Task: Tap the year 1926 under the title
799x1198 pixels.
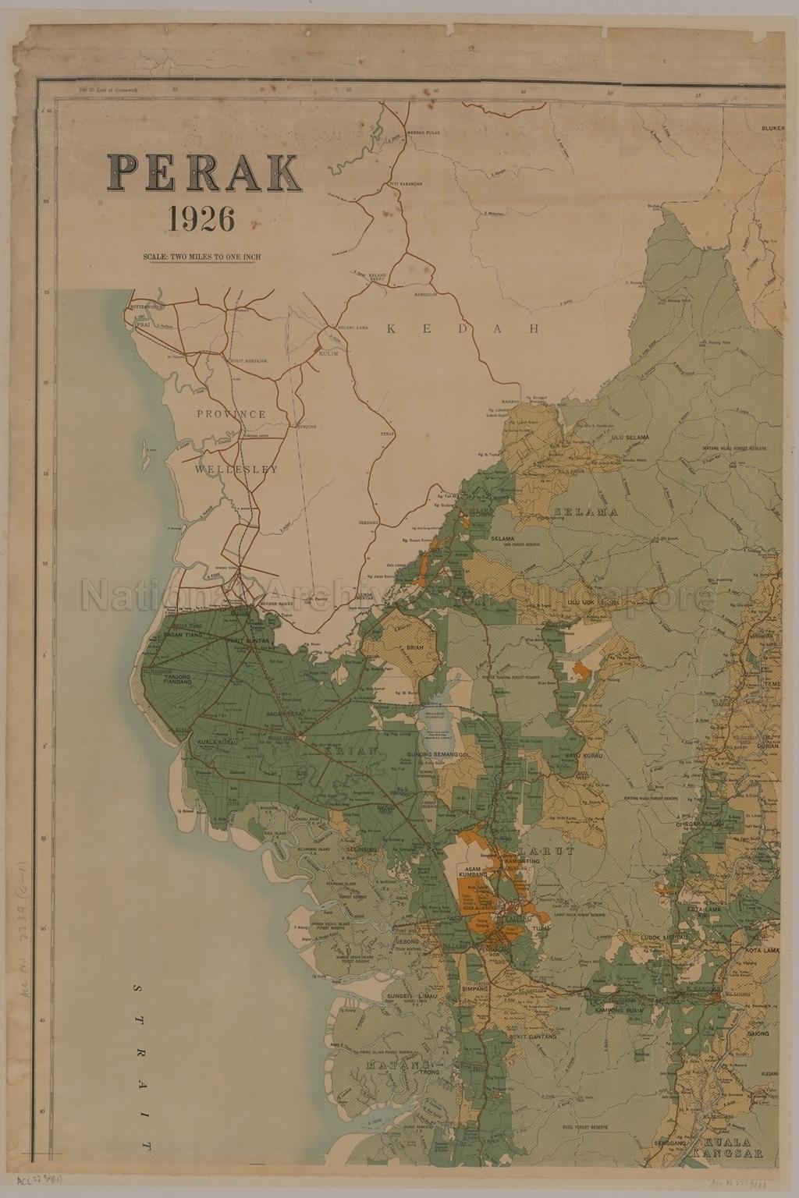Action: click(201, 220)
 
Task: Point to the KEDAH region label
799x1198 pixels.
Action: click(463, 329)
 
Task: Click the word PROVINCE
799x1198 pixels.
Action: click(231, 414)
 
